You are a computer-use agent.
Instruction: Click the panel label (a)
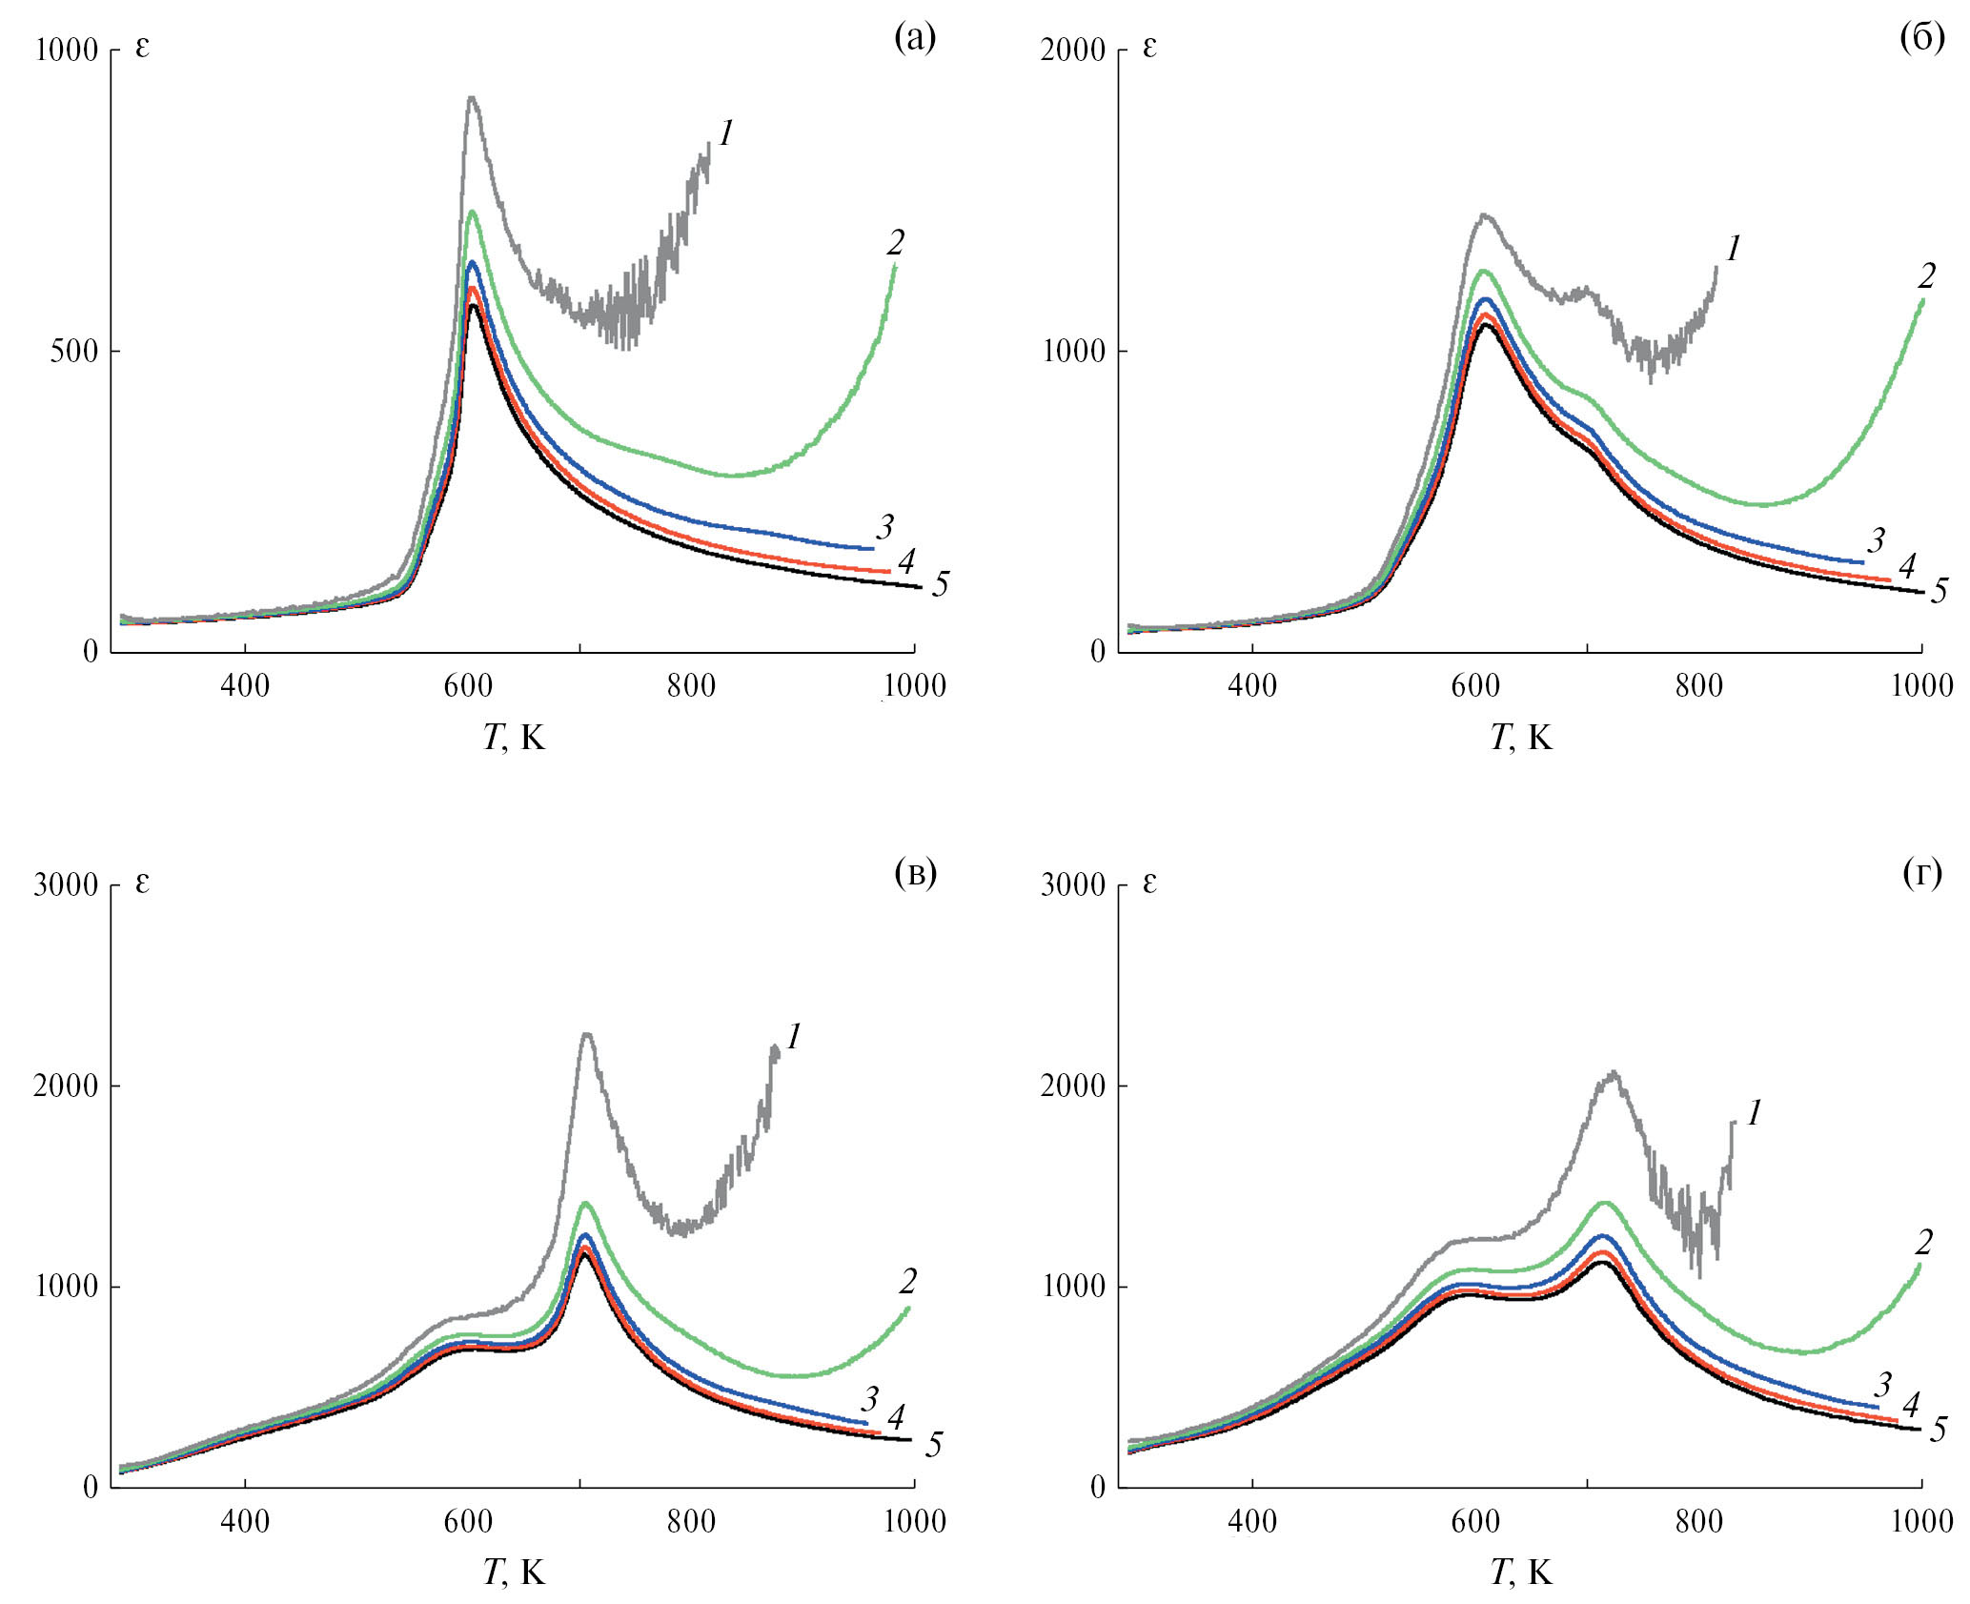914,38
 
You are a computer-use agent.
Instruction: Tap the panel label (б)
1921,38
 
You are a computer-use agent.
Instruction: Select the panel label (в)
916,873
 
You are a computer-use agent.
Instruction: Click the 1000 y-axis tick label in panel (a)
67,50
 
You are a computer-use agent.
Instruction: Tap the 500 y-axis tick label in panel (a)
74,351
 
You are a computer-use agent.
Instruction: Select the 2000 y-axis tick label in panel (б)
1073,50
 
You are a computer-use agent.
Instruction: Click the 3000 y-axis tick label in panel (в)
67,885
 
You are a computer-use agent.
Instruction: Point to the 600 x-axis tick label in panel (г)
1475,1521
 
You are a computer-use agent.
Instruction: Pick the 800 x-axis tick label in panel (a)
691,685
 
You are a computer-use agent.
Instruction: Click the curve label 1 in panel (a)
726,134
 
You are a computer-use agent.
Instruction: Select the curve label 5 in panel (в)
934,1445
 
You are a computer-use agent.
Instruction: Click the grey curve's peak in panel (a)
471,97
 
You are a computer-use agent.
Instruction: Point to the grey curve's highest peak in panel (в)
586,1035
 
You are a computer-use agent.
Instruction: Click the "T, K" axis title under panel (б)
1521,737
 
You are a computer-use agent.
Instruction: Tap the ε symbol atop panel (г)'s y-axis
1149,883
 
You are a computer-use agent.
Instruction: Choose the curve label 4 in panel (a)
905,561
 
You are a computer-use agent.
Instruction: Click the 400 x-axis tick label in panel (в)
245,1521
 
